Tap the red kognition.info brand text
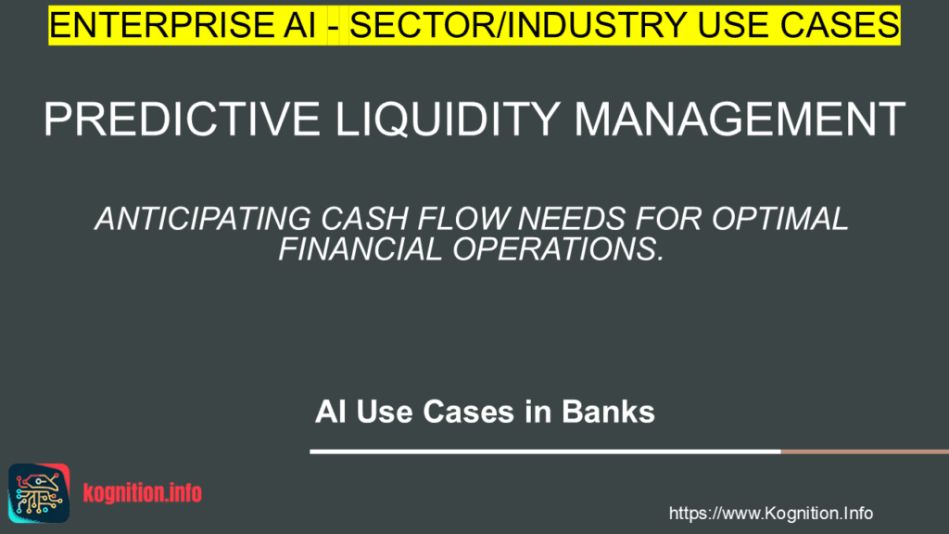tap(142, 493)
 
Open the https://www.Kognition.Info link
tap(770, 513)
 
